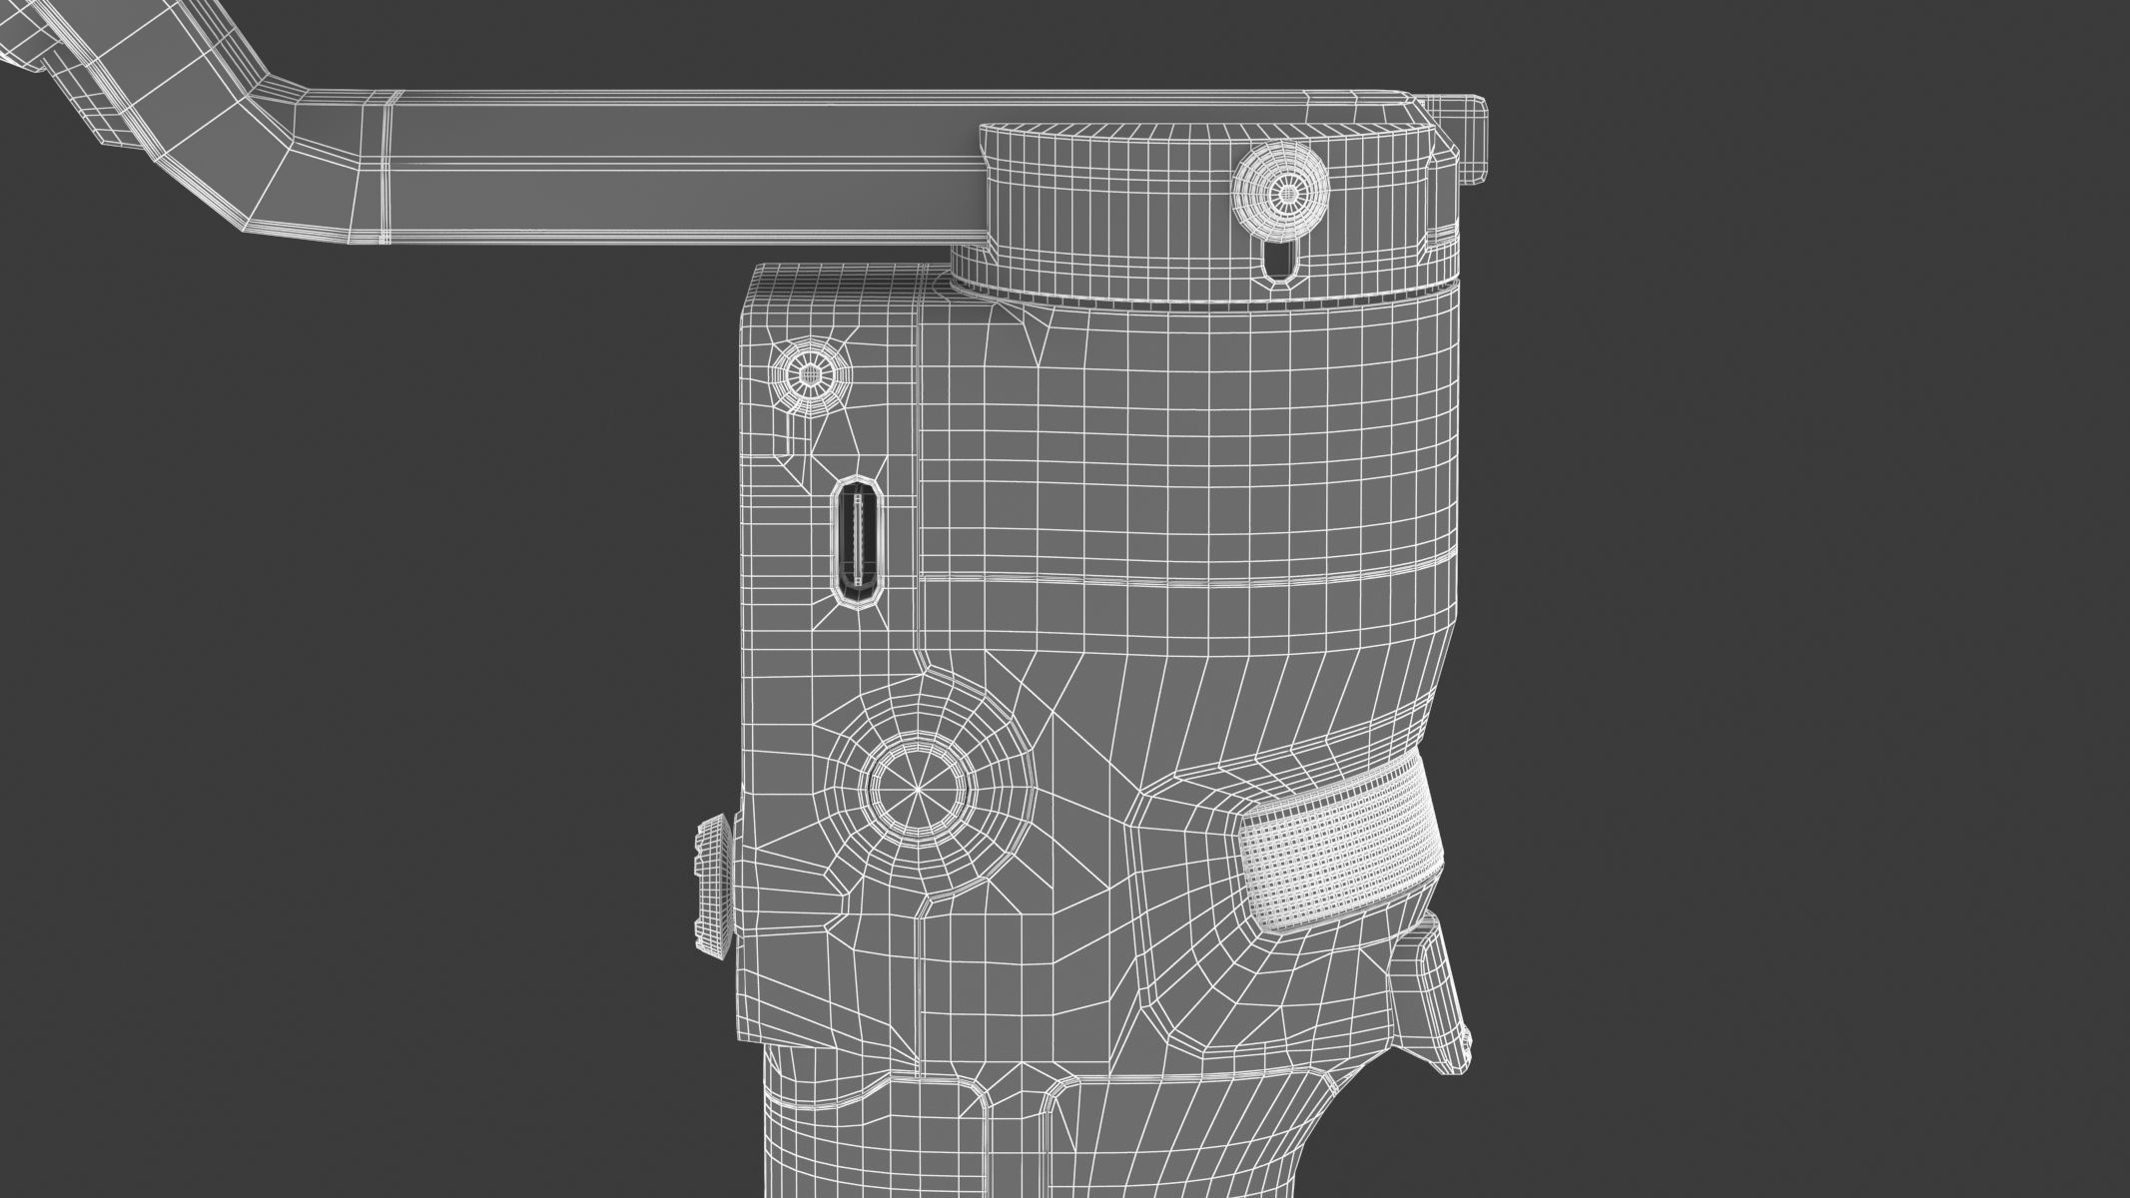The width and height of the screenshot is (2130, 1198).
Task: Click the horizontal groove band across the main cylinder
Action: click(1178, 581)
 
